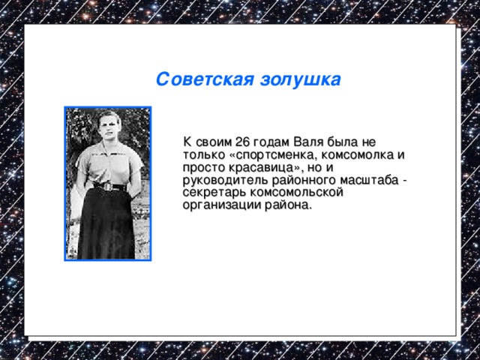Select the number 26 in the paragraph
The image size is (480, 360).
[x=242, y=142]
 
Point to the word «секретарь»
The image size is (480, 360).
[x=211, y=193]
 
